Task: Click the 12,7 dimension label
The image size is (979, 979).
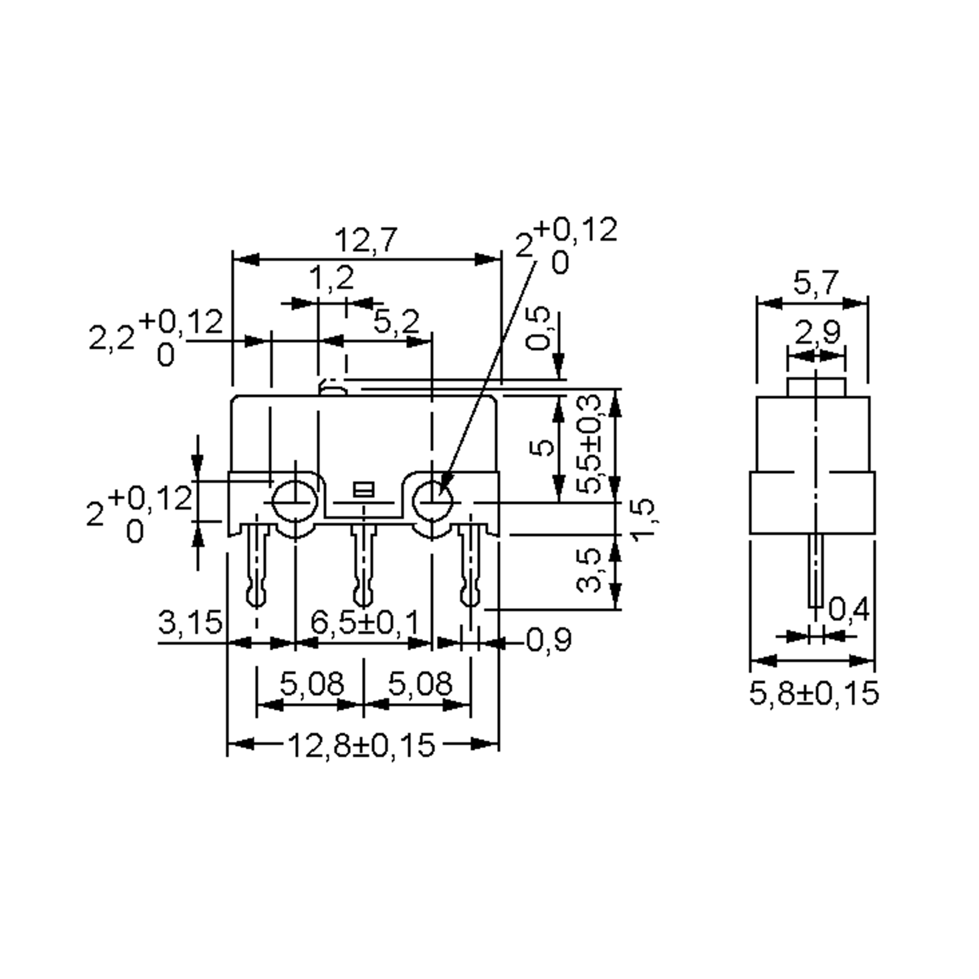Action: [x=366, y=240]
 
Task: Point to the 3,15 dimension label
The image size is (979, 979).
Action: [x=190, y=622]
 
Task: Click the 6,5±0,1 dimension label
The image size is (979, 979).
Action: [x=365, y=622]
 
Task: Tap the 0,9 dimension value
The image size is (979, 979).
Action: [x=549, y=640]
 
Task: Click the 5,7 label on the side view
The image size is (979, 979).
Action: [x=816, y=282]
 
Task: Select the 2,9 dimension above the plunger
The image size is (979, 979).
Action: [x=817, y=332]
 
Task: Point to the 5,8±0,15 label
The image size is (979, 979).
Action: [x=814, y=693]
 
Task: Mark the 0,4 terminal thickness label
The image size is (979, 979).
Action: [x=849, y=609]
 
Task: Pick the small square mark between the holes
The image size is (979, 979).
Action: [x=364, y=489]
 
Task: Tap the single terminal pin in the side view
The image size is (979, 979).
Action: [x=815, y=570]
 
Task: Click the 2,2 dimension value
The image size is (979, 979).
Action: [x=111, y=338]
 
